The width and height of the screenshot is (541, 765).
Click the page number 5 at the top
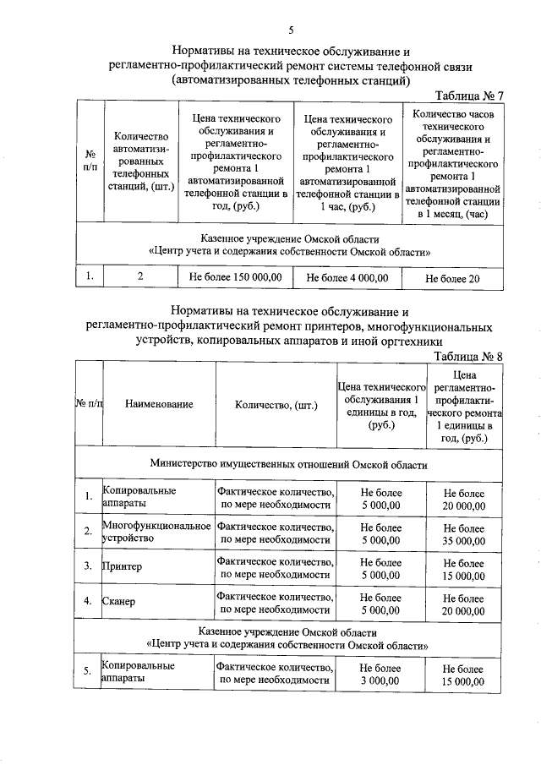(x=290, y=30)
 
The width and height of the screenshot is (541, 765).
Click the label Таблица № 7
(x=468, y=95)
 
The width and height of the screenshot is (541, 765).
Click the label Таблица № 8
(x=468, y=356)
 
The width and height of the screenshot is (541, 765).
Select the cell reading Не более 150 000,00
(x=234, y=276)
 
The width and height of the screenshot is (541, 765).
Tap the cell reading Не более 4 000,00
(x=347, y=276)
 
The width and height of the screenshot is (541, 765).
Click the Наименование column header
(x=159, y=404)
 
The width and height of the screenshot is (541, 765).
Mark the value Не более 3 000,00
(x=380, y=674)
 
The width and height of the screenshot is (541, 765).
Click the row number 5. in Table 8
(x=88, y=673)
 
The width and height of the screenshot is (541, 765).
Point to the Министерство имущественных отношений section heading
(x=289, y=464)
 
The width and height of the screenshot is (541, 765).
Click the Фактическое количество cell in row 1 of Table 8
(x=275, y=498)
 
